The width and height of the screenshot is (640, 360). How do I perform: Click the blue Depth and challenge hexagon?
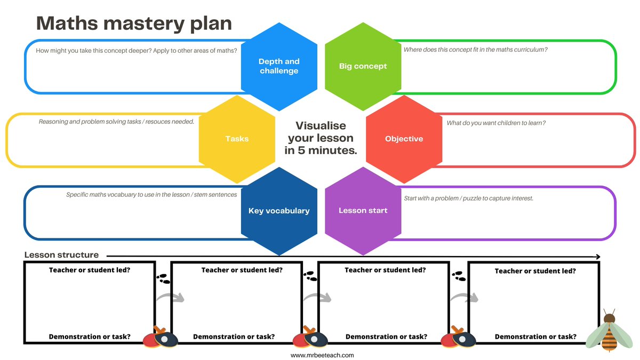279,67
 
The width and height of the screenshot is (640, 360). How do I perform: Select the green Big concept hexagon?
363,67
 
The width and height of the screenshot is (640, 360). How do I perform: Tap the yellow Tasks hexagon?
237,139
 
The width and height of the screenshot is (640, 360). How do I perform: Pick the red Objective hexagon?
404,139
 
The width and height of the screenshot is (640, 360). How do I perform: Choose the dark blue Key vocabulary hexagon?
279,211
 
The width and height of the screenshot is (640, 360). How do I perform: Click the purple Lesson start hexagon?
363,211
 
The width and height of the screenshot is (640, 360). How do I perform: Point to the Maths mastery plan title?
134,23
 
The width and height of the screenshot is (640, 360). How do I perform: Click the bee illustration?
607,332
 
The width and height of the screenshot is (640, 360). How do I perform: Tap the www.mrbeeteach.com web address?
322,355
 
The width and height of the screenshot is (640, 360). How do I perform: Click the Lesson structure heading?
61,255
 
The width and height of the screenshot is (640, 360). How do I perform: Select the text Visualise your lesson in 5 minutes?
321,138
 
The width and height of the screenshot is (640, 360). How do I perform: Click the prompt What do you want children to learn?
496,123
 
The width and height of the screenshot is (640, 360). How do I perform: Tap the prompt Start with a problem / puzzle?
468,198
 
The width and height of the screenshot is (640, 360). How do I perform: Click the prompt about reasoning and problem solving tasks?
116,122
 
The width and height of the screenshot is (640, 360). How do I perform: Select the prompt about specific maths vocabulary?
151,195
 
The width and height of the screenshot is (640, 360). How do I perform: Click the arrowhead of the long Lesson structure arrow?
597,256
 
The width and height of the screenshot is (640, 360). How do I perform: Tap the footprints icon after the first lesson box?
163,279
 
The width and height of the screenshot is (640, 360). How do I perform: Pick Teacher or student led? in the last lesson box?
535,271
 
